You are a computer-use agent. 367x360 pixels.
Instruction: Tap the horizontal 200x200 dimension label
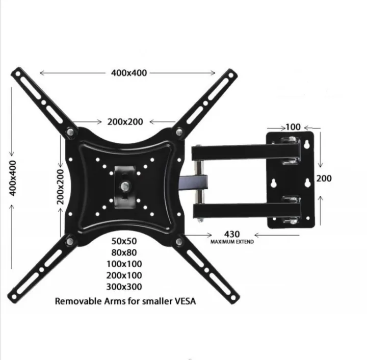[125, 121]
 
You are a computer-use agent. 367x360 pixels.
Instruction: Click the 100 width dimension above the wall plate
[293, 125]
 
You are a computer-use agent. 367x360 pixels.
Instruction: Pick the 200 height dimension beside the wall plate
[324, 178]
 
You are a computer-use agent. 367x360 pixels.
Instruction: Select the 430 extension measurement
[232, 235]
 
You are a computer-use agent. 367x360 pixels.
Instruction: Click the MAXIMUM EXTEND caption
[232, 242]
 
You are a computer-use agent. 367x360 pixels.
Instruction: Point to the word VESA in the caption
[182, 301]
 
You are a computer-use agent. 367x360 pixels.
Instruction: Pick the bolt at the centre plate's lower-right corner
[179, 240]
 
